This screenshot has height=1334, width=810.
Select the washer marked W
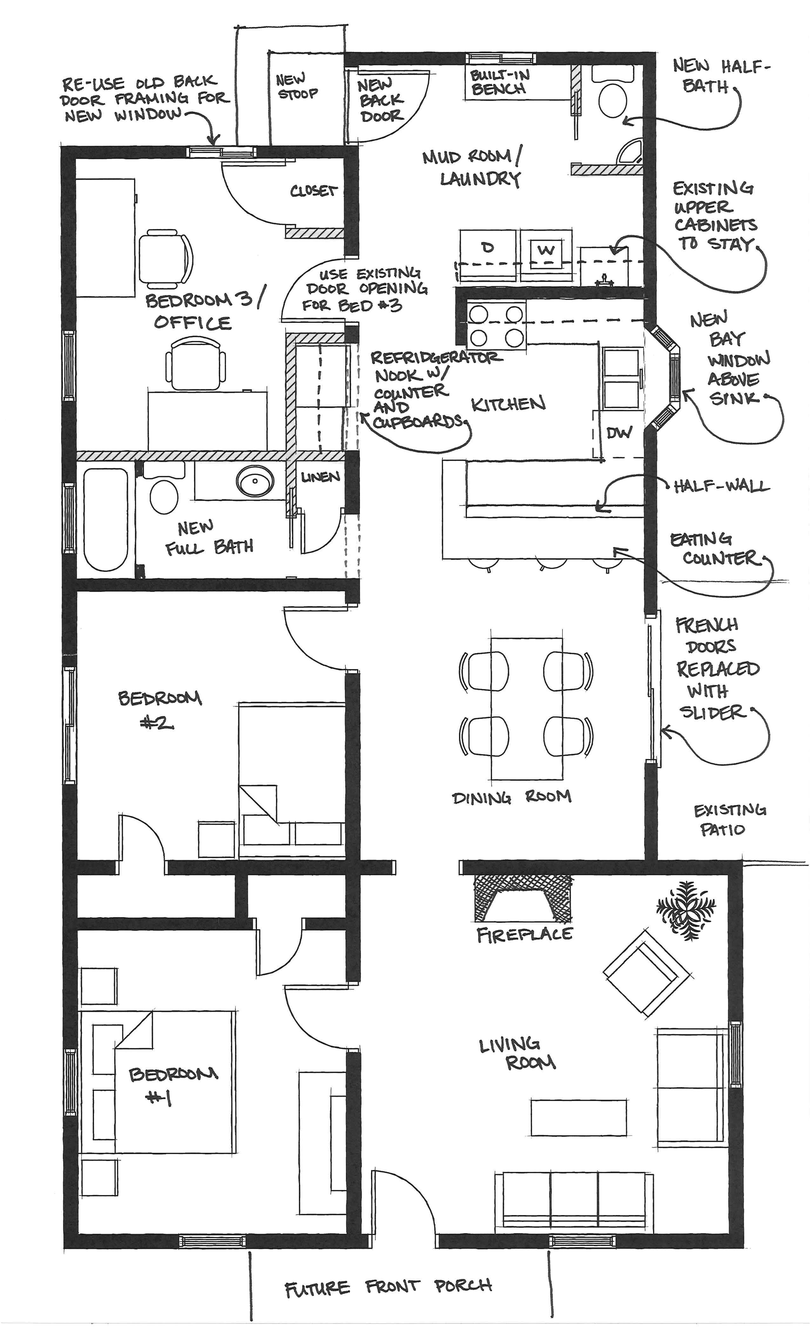pos(546,251)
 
